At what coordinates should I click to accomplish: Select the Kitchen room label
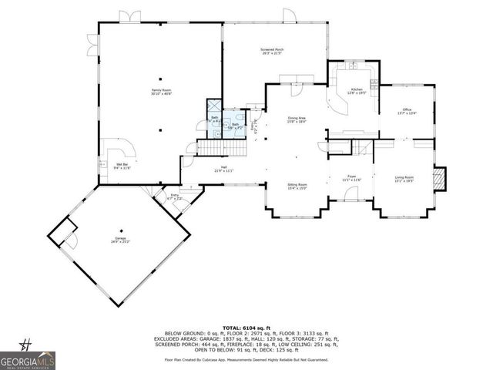coord(357,91)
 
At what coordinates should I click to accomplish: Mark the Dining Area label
coord(297,119)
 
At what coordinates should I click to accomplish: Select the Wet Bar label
coord(122,166)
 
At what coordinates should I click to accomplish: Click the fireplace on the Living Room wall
coord(440,179)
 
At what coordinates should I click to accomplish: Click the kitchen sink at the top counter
coord(352,66)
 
